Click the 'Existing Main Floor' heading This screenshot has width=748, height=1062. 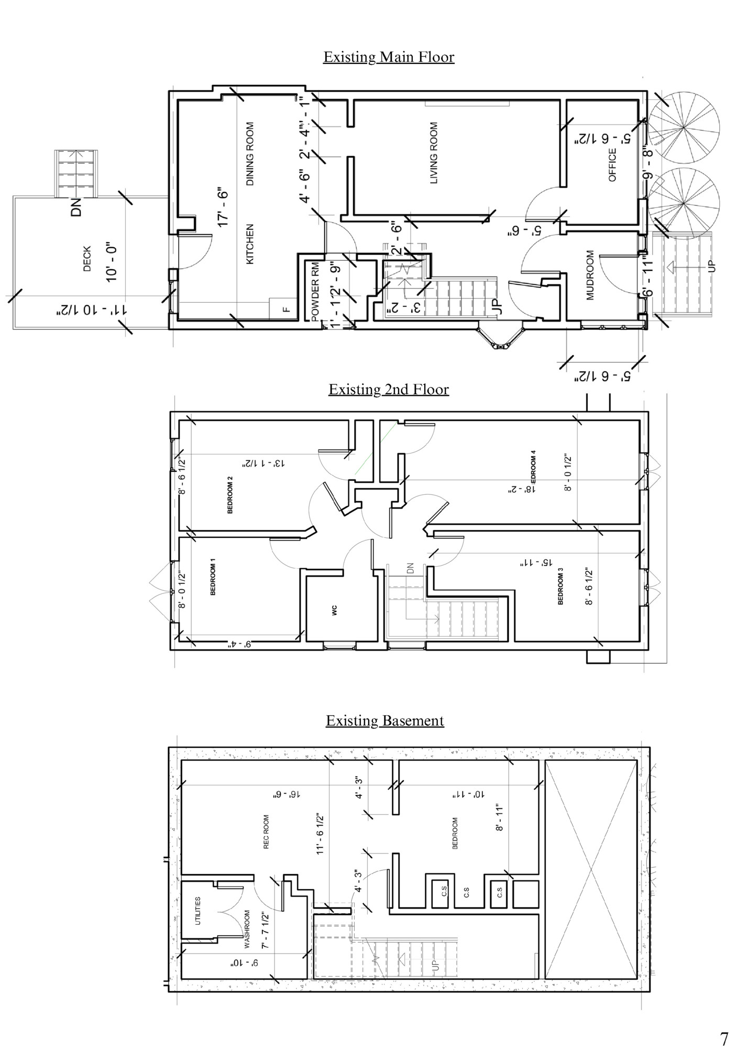388,57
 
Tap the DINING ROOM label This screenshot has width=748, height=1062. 250,154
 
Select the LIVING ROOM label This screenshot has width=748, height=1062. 434,153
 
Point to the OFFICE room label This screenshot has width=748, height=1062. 612,164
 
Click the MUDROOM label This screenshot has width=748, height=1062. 590,275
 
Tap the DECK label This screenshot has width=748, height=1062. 87,259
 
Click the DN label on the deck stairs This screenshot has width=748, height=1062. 77,207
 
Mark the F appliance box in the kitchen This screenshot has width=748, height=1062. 285,309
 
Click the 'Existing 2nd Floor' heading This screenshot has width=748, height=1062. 388,390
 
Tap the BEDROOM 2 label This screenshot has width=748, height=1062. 230,495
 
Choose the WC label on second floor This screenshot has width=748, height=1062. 335,610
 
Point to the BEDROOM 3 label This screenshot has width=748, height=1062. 560,589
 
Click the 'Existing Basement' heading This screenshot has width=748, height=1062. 384,721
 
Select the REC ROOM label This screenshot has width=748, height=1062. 266,832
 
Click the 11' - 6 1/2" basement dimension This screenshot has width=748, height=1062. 320,835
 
